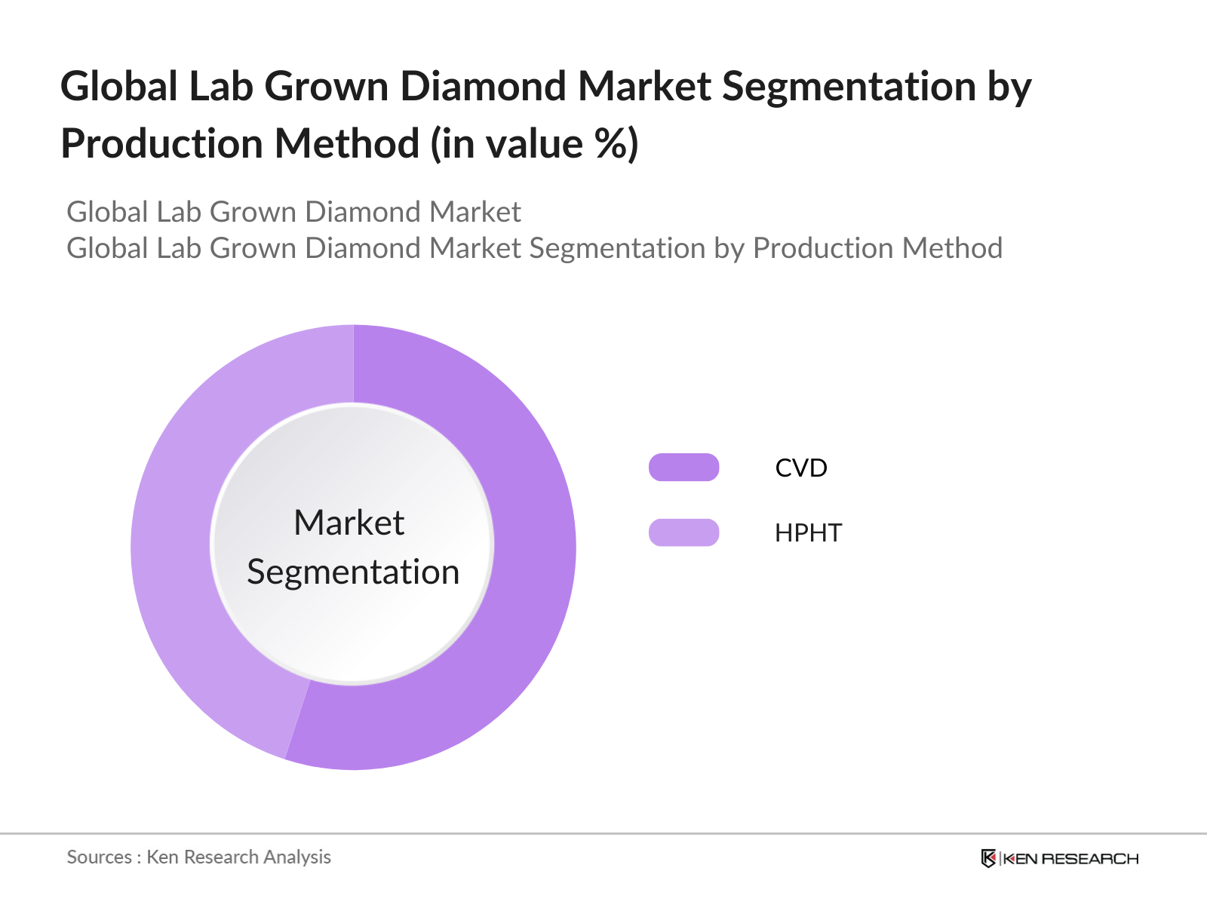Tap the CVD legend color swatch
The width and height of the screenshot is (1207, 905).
point(683,467)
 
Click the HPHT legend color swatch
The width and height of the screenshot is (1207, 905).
point(683,532)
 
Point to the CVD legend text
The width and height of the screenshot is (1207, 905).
point(800,468)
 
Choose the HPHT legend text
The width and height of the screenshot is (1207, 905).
point(808,533)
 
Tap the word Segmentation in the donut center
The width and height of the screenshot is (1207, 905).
point(353,572)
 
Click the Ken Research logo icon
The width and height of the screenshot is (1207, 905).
point(988,858)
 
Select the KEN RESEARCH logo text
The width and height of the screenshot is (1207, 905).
point(1070,859)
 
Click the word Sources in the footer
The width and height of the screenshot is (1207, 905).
point(100,857)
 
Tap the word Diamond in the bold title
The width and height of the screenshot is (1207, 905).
point(483,86)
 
